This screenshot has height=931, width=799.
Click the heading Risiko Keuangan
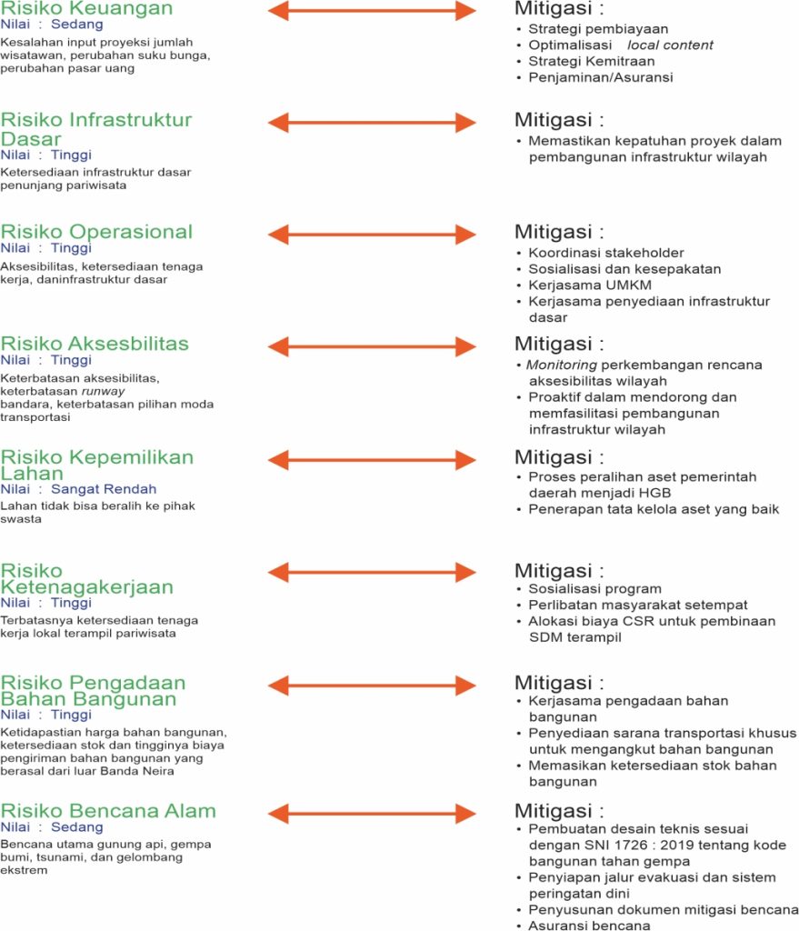pyautogui.click(x=86, y=9)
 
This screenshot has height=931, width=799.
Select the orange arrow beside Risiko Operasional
pyautogui.click(x=373, y=234)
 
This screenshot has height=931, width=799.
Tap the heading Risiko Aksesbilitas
pyautogui.click(x=95, y=344)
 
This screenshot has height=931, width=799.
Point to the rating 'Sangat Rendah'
pyautogui.click(x=104, y=489)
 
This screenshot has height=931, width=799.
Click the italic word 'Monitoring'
pyautogui.click(x=561, y=365)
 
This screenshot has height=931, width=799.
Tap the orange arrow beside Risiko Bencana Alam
pyautogui.click(x=373, y=813)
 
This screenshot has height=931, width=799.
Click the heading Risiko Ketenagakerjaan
pyautogui.click(x=86, y=579)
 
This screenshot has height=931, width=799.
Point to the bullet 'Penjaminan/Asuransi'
pyautogui.click(x=601, y=77)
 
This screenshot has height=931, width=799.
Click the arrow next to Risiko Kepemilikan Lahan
pyautogui.click(x=373, y=458)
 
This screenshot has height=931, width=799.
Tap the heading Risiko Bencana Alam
pyautogui.click(x=108, y=811)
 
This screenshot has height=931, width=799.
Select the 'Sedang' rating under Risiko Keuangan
pyautogui.click(x=76, y=25)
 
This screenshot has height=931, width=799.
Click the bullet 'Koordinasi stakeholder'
pyautogui.click(x=605, y=253)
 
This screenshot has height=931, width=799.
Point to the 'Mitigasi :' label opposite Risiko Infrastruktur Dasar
pyautogui.click(x=559, y=120)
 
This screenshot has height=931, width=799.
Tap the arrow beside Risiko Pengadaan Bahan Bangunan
pyautogui.click(x=373, y=684)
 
